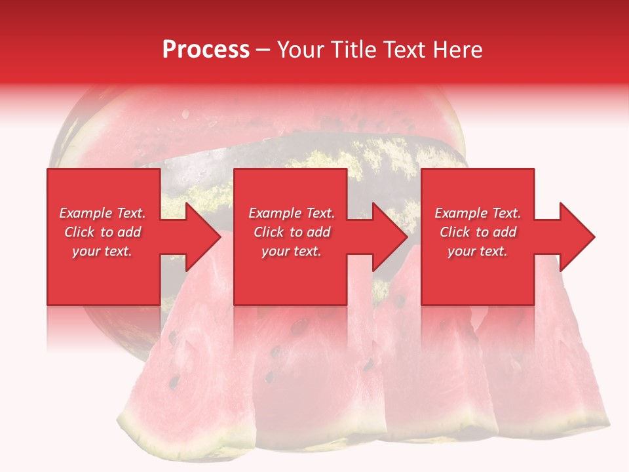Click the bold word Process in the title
point(206,50)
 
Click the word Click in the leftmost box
point(80,232)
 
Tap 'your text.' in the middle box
point(291,251)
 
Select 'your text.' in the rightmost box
point(478,251)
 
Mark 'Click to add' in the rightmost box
point(478,232)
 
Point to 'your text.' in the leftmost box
point(102,251)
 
